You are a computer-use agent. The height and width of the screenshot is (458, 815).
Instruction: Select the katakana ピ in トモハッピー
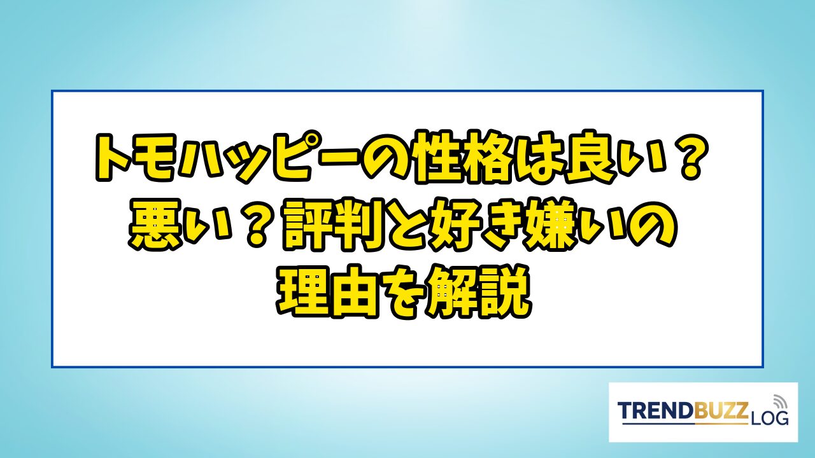[283, 156]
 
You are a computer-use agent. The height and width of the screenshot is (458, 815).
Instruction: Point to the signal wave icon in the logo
[779, 401]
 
